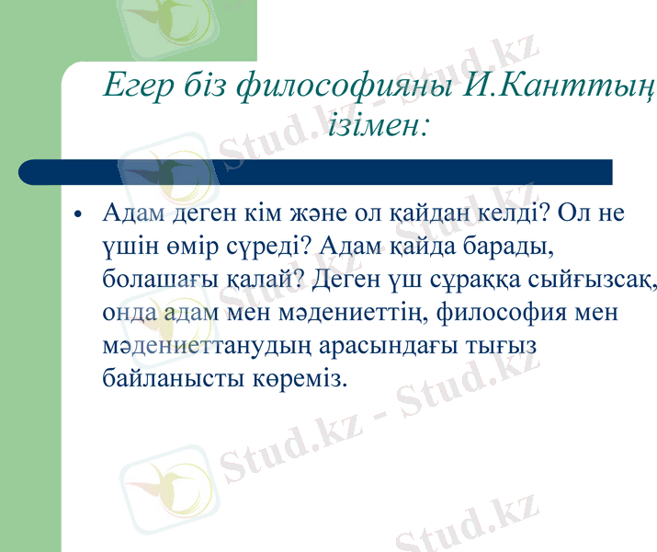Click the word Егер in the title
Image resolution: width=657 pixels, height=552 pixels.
(136, 88)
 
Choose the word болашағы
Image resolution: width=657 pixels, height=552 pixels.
(159, 280)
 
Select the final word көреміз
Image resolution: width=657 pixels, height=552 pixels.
(301, 378)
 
